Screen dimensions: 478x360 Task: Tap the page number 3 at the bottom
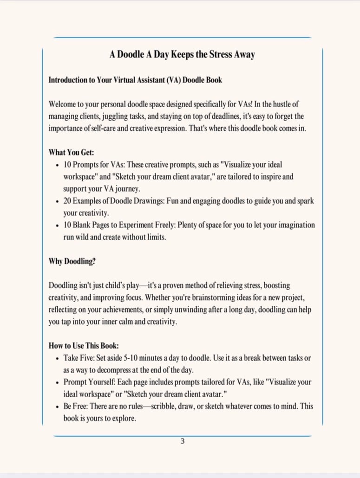(183, 441)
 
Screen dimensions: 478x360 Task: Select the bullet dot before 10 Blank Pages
(57, 226)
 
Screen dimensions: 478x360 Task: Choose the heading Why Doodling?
(72, 261)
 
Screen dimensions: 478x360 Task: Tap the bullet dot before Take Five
(57, 358)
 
